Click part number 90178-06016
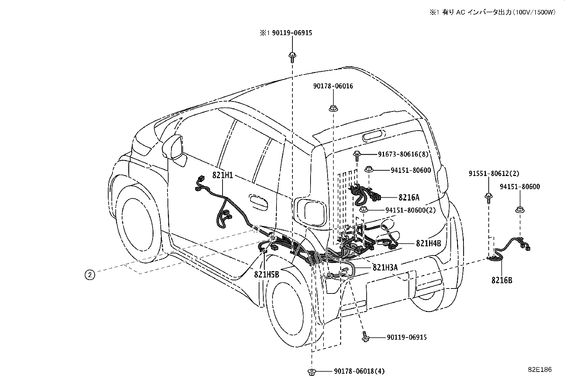tap(333, 86)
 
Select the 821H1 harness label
tap(223, 175)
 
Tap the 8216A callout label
tap(409, 197)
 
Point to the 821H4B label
tap(429, 243)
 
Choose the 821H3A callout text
tap(385, 268)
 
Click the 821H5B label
tap(267, 274)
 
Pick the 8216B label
tap(502, 280)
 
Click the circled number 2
tap(90, 275)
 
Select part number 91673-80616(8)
tap(403, 154)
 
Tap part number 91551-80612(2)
tap(494, 174)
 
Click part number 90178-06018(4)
tap(359, 371)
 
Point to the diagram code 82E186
tap(540, 369)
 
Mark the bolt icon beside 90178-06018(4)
tap(312, 372)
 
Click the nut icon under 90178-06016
tap(333, 109)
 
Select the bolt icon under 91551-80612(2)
tap(489, 198)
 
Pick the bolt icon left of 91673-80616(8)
tap(357, 156)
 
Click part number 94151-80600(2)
tap(410, 210)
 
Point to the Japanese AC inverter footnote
tap(492, 12)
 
